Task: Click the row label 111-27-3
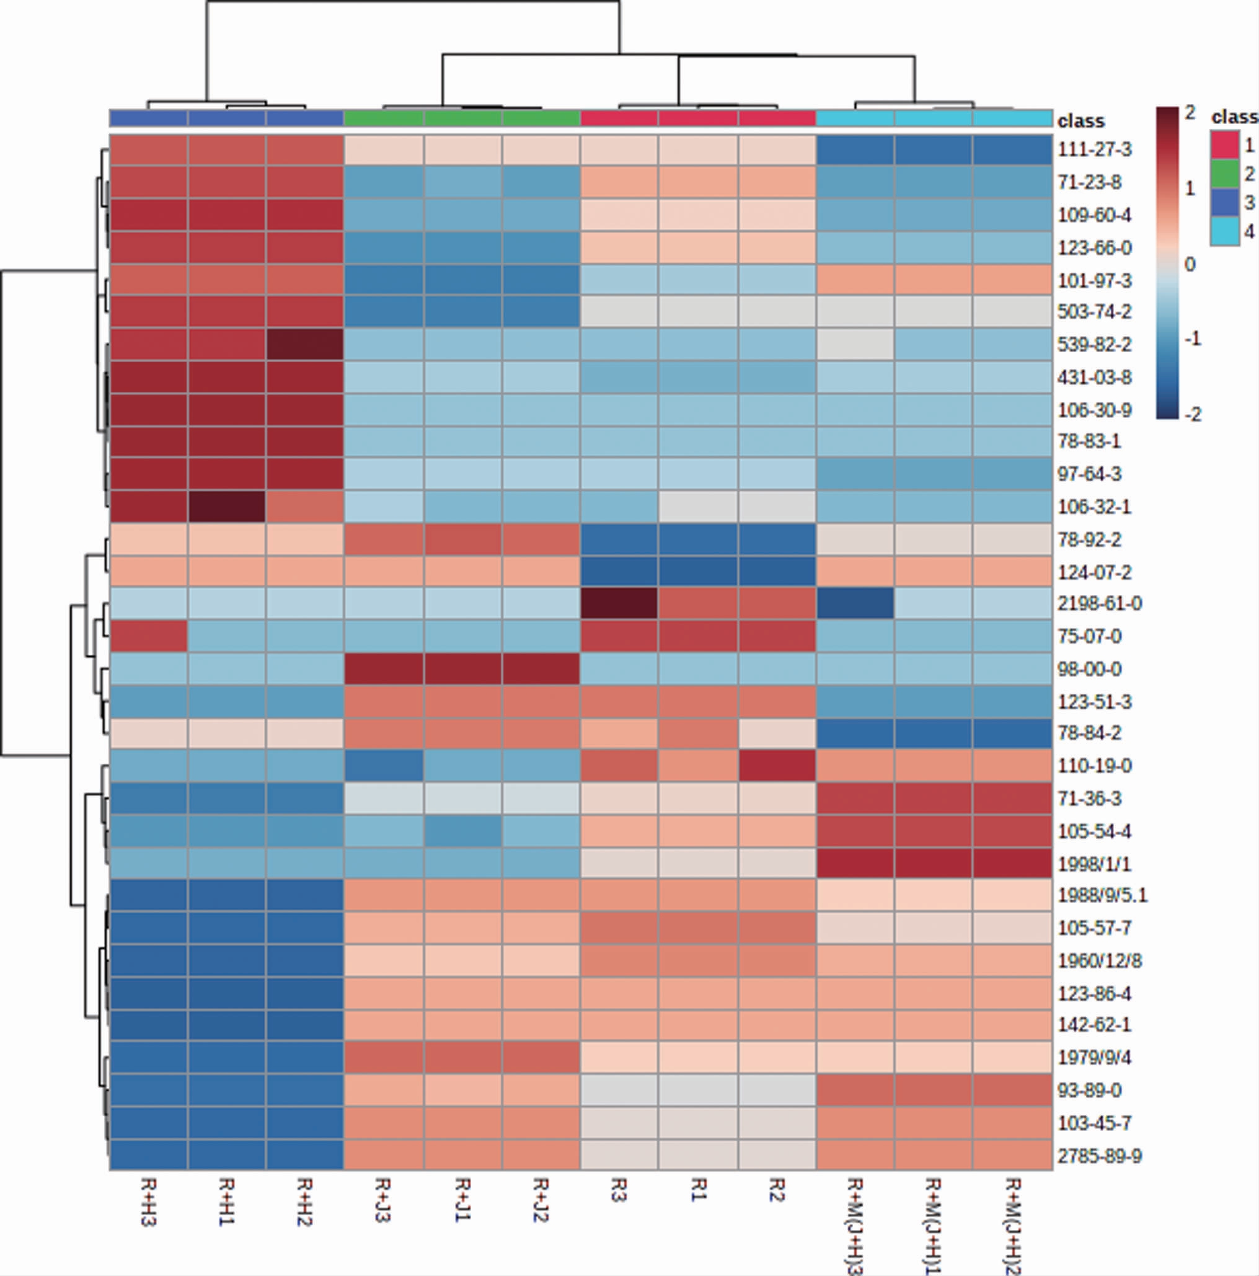coord(1094,150)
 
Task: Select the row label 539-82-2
coord(1094,345)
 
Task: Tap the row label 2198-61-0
coord(1099,604)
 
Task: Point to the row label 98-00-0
coord(1089,669)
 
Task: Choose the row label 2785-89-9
coord(1099,1156)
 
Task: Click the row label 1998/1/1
coord(1094,864)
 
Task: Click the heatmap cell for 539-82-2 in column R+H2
coord(305,345)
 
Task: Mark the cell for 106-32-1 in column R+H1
coord(227,507)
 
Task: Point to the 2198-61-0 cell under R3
coord(619,604)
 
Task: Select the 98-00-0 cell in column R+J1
coord(463,669)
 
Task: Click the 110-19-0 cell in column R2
coord(777,766)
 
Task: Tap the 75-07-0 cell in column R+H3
coord(149,636)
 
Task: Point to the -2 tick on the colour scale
coord(1193,415)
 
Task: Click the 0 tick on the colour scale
coord(1190,265)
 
